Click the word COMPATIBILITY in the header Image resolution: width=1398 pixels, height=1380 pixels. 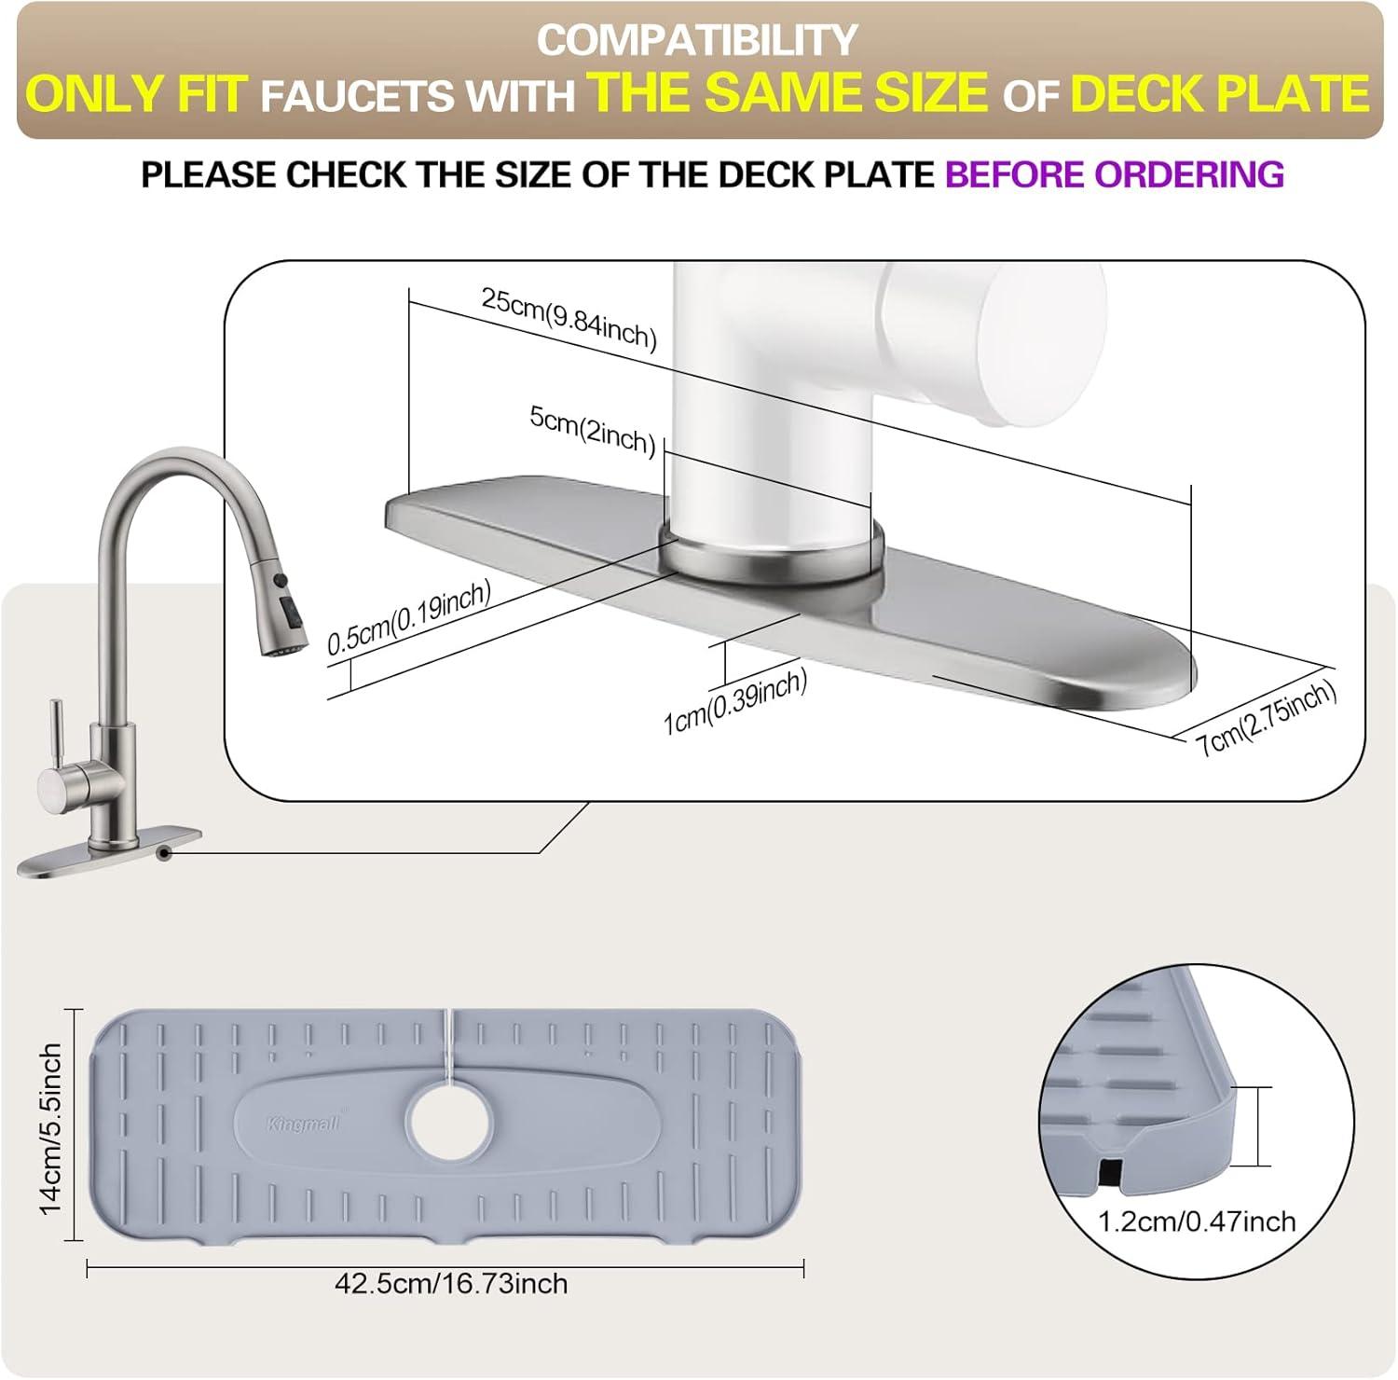click(697, 40)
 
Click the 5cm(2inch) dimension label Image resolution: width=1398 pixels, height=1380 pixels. click(593, 430)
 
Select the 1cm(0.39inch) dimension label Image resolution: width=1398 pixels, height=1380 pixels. click(734, 702)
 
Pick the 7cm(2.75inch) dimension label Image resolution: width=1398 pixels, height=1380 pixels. click(1268, 716)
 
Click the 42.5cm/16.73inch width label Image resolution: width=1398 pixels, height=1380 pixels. click(451, 1284)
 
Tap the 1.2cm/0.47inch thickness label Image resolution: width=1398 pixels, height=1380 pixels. click(1197, 1221)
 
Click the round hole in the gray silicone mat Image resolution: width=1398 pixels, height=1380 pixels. click(450, 1121)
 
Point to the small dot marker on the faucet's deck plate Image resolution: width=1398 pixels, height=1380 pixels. click(164, 851)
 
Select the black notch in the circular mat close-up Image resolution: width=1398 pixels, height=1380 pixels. click(1110, 1174)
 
